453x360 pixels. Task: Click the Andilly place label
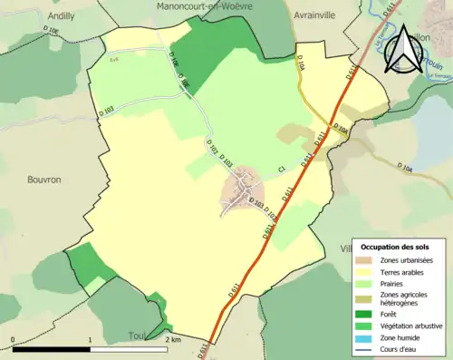36,15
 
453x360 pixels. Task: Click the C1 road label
282,169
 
